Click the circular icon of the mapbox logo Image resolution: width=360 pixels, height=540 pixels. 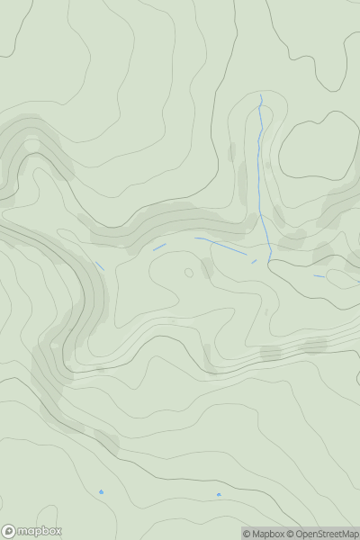click(x=10, y=531)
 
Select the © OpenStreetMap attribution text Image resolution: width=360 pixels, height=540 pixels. click(x=322, y=535)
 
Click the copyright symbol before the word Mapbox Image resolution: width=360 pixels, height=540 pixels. click(x=247, y=535)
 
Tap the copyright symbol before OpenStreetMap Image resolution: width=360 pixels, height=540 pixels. click(x=290, y=535)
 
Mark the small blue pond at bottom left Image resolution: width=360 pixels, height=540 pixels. click(x=102, y=491)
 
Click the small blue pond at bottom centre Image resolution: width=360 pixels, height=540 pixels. click(x=219, y=495)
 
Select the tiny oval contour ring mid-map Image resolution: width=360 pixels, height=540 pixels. click(x=188, y=272)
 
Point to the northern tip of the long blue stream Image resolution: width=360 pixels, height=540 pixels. click(x=261, y=95)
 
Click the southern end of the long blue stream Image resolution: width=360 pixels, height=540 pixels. click(x=271, y=259)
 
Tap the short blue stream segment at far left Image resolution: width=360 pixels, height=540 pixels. click(x=99, y=265)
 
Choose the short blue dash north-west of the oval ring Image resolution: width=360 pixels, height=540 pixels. click(x=159, y=247)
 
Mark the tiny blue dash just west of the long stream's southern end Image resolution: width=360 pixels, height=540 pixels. click(x=254, y=262)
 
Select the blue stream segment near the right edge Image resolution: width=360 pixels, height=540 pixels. click(x=319, y=275)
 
